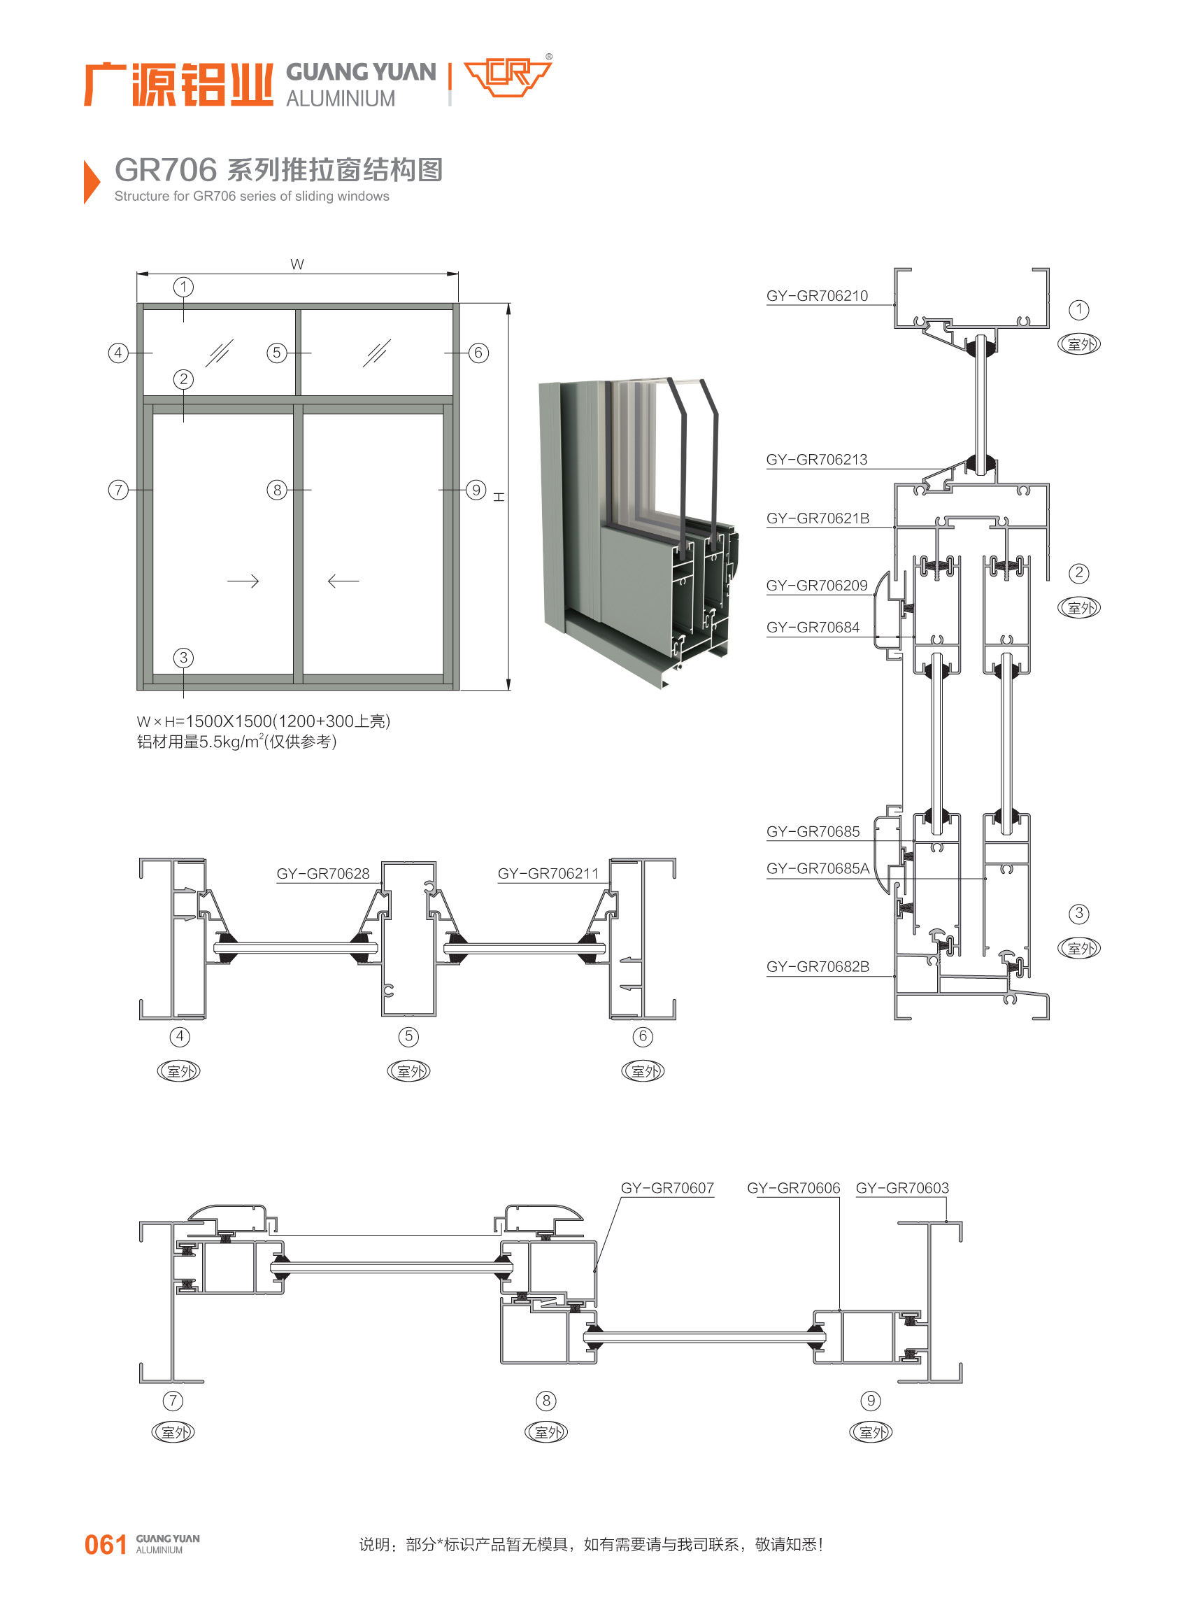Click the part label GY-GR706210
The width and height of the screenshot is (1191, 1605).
coord(817,296)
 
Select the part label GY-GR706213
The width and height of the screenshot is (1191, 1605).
coord(817,460)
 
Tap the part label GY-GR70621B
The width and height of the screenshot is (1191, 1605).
coord(818,518)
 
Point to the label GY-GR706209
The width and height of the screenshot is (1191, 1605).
coord(817,585)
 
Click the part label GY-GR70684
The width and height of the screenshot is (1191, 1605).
coord(813,627)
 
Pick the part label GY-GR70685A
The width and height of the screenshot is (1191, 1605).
coord(818,868)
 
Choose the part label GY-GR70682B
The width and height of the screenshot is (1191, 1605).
coord(818,966)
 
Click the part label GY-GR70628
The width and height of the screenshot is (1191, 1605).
coord(323,873)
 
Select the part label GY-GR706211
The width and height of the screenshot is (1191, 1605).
coord(548,873)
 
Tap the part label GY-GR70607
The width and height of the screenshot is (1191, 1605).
coord(667,1187)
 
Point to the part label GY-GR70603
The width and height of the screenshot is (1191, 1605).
coord(902,1187)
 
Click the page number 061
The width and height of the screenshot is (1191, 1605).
coord(106,1544)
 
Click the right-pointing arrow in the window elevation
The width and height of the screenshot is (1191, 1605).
coord(243,581)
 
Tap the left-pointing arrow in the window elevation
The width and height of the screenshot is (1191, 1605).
coord(343,581)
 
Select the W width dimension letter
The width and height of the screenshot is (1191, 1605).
coord(297,264)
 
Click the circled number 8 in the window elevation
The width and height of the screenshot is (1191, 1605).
coord(277,490)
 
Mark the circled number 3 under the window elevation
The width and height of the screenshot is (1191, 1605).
coord(183,657)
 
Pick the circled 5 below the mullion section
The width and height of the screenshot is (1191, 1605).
coord(408,1037)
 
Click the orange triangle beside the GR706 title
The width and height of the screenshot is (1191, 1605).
coord(91,182)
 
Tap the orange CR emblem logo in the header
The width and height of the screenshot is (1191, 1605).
coord(508,76)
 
